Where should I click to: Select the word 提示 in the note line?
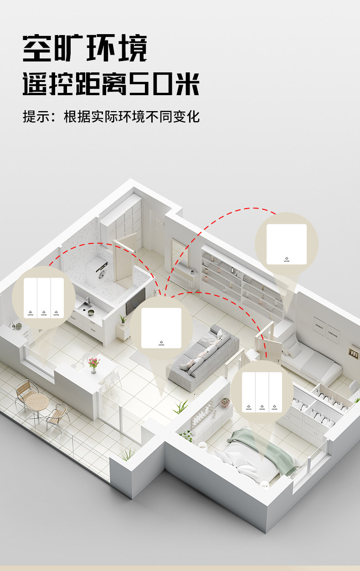tap(36, 116)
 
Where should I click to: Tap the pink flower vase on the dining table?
tap(93, 364)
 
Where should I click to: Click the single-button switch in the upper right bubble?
tap(287, 244)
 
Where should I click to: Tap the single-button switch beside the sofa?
tap(162, 328)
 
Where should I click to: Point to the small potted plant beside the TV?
tap(122, 320)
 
